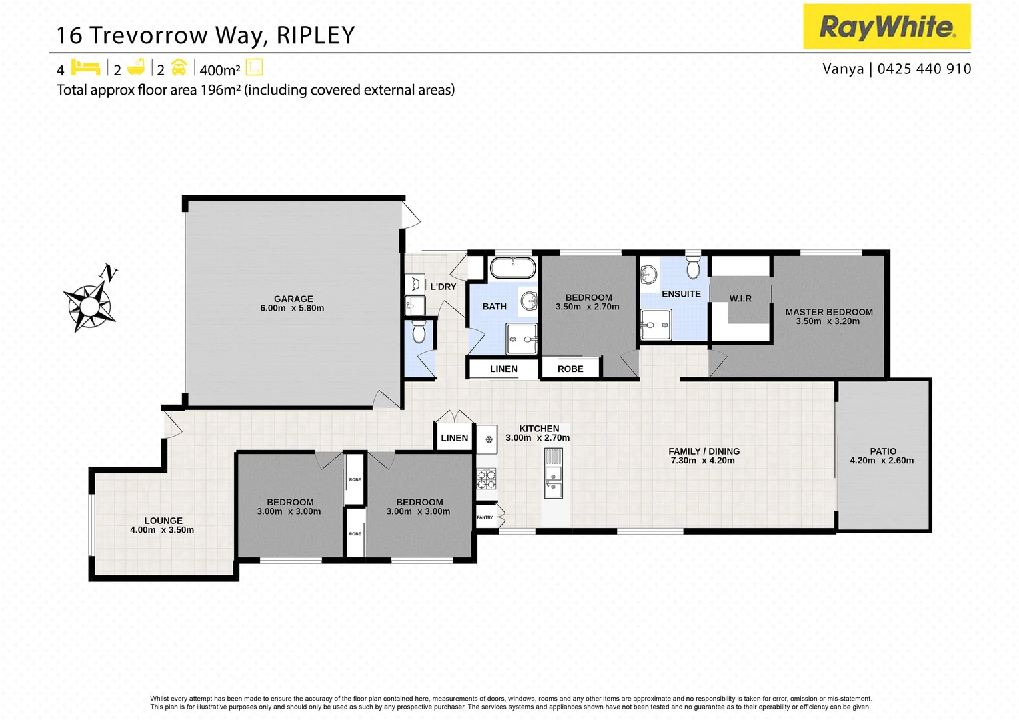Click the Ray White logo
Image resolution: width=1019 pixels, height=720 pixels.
pyautogui.click(x=886, y=27)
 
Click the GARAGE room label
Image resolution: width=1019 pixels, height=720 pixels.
pyautogui.click(x=293, y=299)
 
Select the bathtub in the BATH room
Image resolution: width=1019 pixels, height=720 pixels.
pyautogui.click(x=512, y=268)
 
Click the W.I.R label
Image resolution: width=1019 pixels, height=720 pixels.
pyautogui.click(x=740, y=299)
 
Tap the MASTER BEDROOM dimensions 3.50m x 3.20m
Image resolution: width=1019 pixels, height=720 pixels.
pyautogui.click(x=828, y=321)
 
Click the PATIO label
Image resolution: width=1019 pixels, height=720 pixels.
pyautogui.click(x=882, y=451)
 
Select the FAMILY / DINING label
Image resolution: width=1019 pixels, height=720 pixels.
pyautogui.click(x=704, y=451)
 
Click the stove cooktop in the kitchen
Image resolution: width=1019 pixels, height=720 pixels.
pyautogui.click(x=486, y=479)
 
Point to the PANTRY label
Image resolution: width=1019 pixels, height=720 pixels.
pyautogui.click(x=485, y=517)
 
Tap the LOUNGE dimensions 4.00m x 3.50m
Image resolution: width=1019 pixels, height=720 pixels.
pyautogui.click(x=162, y=530)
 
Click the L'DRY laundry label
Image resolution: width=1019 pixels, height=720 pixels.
pyautogui.click(x=443, y=287)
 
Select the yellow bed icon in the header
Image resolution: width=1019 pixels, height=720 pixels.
pyautogui.click(x=85, y=68)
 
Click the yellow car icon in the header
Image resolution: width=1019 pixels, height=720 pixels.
pyautogui.click(x=179, y=68)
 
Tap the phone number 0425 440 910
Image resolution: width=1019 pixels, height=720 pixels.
pyautogui.click(x=924, y=69)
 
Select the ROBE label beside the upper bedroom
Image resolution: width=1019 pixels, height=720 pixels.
pyautogui.click(x=570, y=369)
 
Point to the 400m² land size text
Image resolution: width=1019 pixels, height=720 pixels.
pyautogui.click(x=219, y=70)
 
